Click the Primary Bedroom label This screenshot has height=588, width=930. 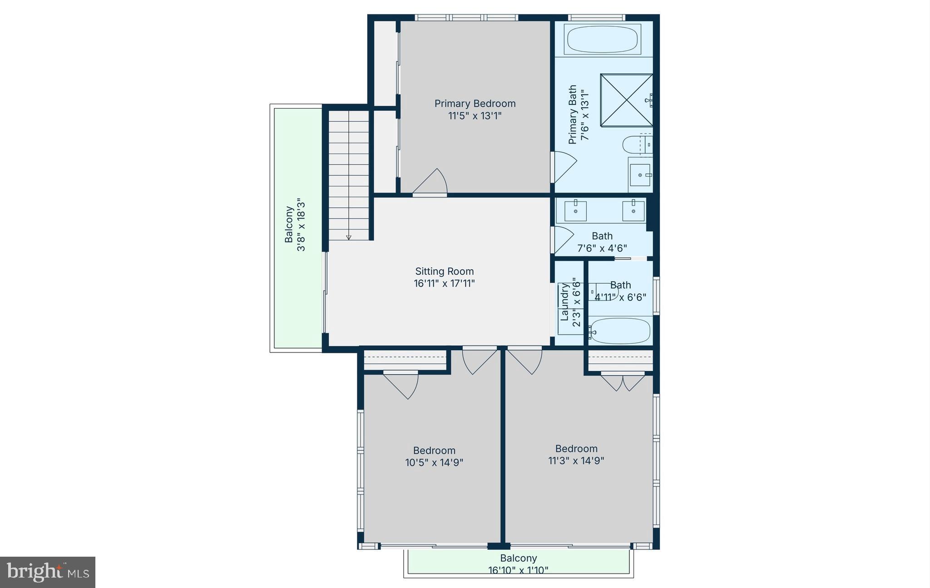475,104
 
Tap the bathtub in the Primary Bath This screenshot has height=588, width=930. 602,39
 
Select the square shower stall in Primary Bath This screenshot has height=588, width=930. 626,100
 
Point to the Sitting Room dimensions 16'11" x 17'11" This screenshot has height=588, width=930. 444,284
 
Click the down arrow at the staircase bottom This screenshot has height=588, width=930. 349,237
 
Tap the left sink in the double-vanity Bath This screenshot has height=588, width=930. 575,211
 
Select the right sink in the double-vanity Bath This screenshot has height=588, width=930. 633,211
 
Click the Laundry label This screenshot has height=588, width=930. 565,301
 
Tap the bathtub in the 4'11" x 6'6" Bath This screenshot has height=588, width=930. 620,331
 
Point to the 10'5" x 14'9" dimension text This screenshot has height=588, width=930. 434,463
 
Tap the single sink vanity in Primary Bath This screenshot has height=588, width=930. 640,175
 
